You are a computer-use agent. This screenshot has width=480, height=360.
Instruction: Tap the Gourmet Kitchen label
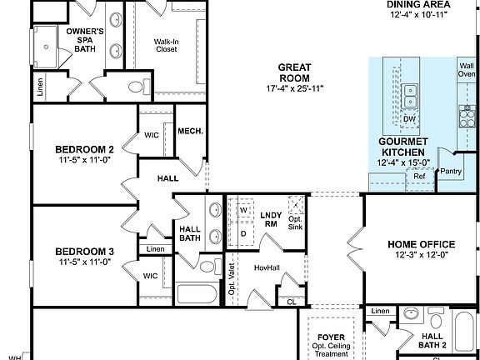tap(404, 146)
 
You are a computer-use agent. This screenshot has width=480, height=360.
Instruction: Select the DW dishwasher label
tap(409, 119)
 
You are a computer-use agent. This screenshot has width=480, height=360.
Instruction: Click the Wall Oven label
tap(466, 69)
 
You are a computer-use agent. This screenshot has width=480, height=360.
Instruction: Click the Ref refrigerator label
tap(419, 176)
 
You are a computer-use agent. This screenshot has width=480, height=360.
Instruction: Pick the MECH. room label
tap(191, 131)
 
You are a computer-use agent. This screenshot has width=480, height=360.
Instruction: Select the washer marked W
tap(244, 211)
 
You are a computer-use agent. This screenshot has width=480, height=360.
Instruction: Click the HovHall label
tap(264, 268)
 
